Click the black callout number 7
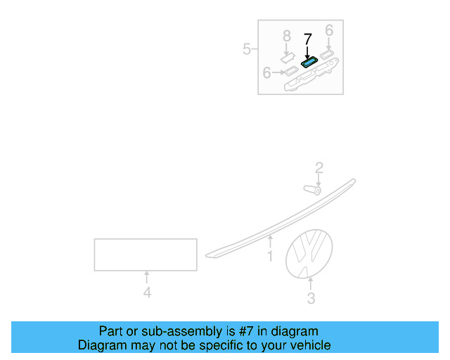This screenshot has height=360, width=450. pos(308,39)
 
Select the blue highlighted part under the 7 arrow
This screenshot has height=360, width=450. pos(309,62)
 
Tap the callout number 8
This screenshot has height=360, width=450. pos(287,37)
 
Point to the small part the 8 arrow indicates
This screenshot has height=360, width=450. pos(288,57)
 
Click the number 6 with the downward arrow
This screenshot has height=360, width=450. pos(329,30)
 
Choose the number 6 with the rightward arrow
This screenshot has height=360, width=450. pos(267,72)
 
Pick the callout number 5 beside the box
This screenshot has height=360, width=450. pos(247,49)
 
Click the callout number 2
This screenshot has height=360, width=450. pos(319,168)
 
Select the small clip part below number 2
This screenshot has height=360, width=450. pos(312,190)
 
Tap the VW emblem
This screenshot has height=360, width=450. pos(309,254)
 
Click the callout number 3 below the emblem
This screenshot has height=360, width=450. pos(311,298)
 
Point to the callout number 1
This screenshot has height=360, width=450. pos(270,256)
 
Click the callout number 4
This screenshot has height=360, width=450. pos(147,292)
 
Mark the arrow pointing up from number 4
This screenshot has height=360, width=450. pos(147,277)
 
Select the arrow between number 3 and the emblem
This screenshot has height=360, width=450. pos(310,284)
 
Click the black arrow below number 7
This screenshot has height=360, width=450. pos(307,53)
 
